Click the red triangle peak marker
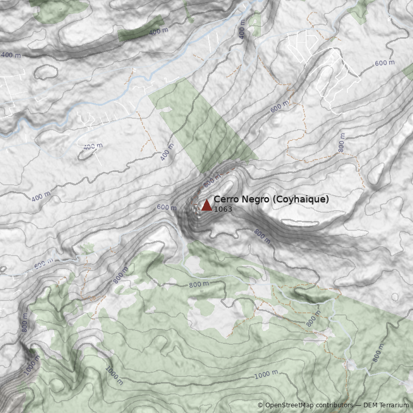(206, 205)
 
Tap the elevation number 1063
(223, 210)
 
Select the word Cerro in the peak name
(225, 199)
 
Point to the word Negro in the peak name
(253, 199)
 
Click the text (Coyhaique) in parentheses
(300, 199)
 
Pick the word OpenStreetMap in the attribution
(290, 405)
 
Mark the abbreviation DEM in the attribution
(370, 405)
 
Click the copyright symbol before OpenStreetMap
(260, 405)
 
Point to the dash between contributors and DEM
(358, 405)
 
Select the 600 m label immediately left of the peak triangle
(166, 207)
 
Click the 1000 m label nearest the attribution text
(266, 374)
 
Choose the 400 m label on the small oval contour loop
(93, 147)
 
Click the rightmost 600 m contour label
(385, 63)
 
